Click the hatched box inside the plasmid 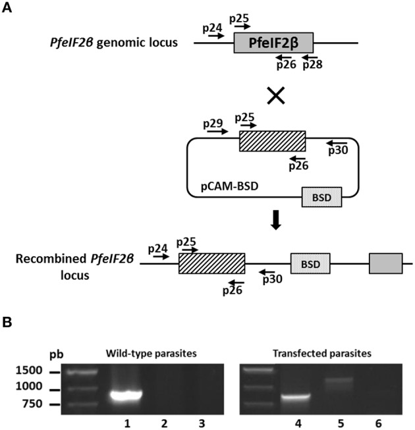(272, 141)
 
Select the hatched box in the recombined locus (211, 263)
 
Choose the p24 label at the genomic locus (212, 27)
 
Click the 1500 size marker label (31, 371)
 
